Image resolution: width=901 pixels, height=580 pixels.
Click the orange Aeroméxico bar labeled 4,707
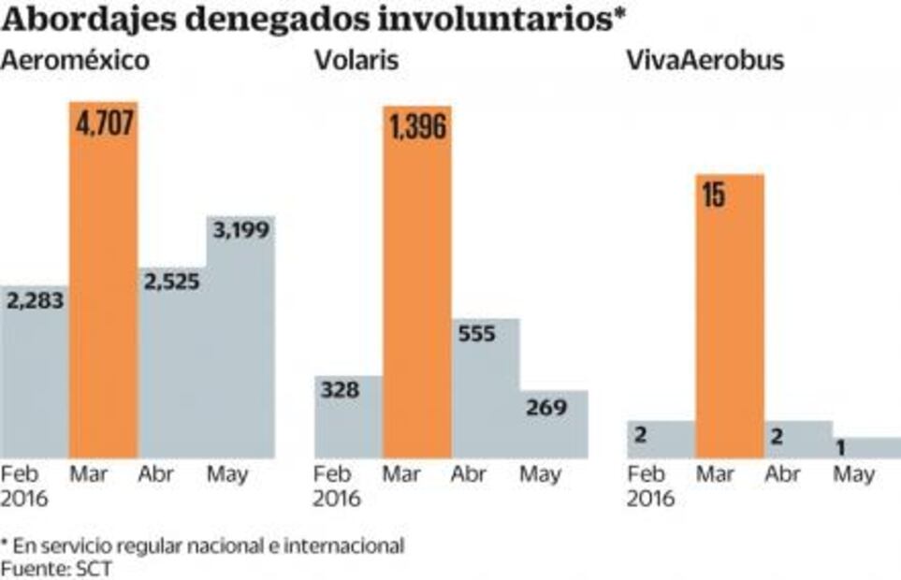tap(103, 281)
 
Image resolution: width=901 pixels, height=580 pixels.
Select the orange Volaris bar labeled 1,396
tap(416, 281)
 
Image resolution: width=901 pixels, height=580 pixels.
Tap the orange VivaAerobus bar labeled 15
tap(730, 318)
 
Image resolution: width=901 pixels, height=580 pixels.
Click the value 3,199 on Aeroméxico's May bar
tap(240, 230)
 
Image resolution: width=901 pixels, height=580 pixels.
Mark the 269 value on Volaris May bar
tap(546, 407)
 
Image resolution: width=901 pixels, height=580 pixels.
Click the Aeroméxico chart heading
tap(76, 62)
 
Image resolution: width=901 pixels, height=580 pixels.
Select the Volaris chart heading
tap(356, 62)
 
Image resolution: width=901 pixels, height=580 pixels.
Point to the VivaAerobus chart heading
tap(705, 62)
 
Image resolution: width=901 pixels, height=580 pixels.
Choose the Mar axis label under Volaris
tap(401, 474)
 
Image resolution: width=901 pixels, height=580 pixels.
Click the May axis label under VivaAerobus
tap(853, 474)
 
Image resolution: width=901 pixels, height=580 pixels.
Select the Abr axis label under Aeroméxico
tap(156, 474)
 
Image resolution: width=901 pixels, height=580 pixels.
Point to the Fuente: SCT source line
tap(55, 568)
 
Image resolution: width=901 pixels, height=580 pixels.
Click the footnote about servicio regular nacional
tap(202, 545)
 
